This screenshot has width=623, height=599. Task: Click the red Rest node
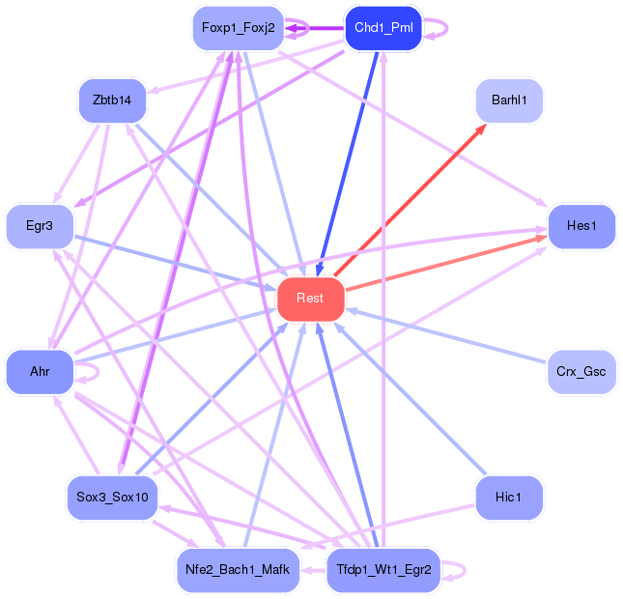coord(311,299)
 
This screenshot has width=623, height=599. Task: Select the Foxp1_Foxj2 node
coord(238,28)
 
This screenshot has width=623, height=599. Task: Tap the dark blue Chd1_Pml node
coord(383,28)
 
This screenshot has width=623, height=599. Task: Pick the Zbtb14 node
coord(112,100)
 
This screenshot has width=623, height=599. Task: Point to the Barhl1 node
coord(509,100)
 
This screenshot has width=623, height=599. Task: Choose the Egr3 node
coord(40,227)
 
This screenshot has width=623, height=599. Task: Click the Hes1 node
coord(581,227)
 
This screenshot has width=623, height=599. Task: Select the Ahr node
coord(40,372)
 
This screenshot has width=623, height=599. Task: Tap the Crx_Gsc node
coord(581,372)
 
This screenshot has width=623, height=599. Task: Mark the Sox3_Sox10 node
coord(112,498)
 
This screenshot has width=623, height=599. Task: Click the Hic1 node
coord(509,498)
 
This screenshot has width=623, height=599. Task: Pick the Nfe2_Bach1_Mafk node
coord(238,570)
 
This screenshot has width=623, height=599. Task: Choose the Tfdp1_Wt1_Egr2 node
coord(383,570)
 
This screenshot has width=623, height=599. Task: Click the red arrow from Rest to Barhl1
coord(411,200)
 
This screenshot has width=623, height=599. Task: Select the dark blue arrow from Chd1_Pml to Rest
coord(347,163)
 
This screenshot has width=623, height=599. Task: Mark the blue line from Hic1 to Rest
coord(411,399)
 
